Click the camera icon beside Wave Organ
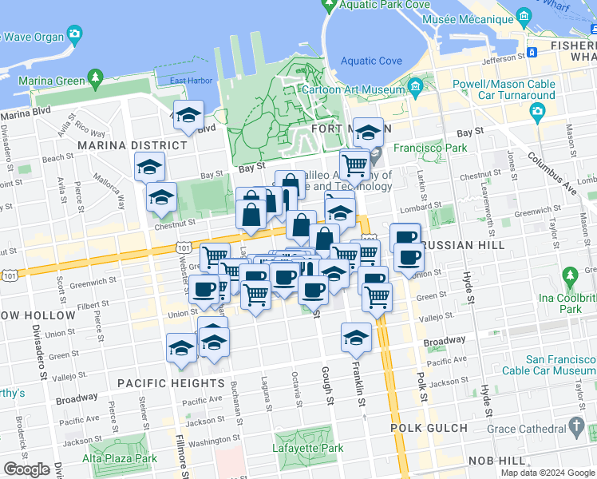[x=74, y=34]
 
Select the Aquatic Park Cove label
[x=374, y=5]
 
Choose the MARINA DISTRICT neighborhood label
[x=132, y=145]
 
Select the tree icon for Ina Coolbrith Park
[x=569, y=277]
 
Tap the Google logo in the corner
[x=26, y=469]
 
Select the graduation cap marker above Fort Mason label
[x=368, y=131]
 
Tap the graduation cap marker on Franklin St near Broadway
[x=356, y=337]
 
